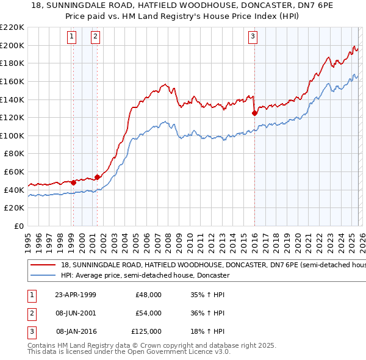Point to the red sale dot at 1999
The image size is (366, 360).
point(73,182)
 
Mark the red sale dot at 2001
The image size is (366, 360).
point(97,177)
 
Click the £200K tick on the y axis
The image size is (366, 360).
point(13,45)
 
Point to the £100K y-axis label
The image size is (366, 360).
point(13,135)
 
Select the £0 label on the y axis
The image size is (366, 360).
point(18,226)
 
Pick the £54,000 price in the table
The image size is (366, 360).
point(149,313)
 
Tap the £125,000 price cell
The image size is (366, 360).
point(147,331)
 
